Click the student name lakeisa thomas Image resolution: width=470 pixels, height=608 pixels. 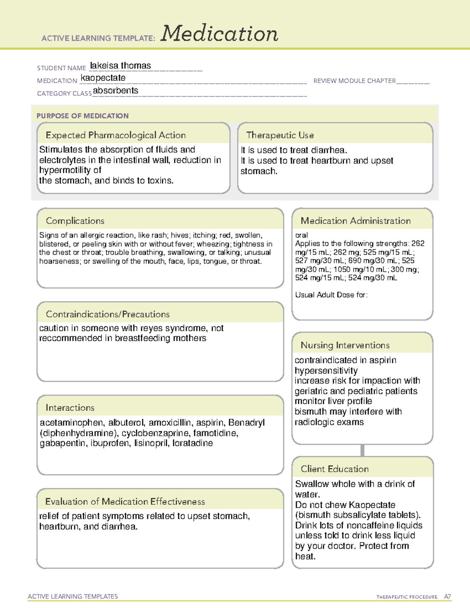tap(120, 66)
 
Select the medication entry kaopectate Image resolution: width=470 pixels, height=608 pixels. tap(103, 78)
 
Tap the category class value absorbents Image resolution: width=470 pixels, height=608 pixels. tap(116, 91)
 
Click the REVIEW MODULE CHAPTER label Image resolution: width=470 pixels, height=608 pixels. tap(354, 81)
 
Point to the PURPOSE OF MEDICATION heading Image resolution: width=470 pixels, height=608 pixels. tap(82, 116)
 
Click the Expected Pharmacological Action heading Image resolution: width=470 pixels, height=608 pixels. tap(116, 135)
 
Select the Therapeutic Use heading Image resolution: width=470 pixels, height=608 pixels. tap(280, 135)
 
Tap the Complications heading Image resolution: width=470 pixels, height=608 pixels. tap(75, 221)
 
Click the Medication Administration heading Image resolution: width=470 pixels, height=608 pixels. tap(355, 221)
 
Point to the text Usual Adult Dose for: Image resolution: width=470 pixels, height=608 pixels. tap(331, 295)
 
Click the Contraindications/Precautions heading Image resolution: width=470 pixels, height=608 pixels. tap(107, 314)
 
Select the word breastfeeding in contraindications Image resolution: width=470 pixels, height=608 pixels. tap(144, 338)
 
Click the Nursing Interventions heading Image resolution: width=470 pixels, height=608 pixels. tap(345, 345)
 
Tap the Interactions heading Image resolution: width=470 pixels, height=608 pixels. tap(70, 408)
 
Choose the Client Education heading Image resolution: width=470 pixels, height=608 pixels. tap(334, 469)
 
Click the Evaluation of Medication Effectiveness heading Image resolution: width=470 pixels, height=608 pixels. tap(125, 502)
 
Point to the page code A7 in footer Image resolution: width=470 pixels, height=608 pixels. tap(447, 597)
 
